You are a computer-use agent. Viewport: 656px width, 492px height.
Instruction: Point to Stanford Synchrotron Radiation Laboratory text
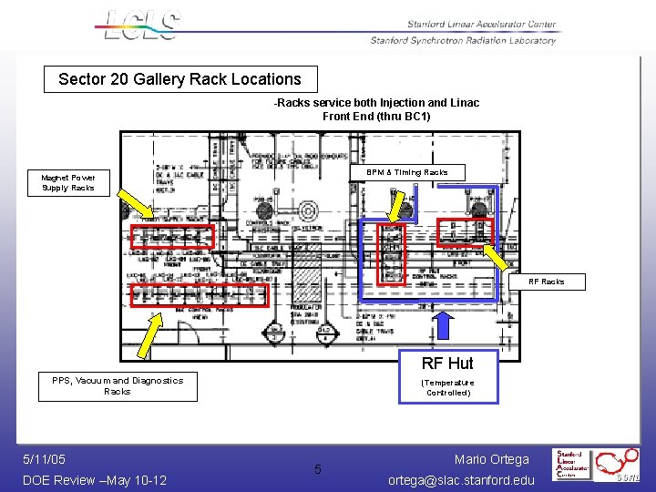click(x=463, y=40)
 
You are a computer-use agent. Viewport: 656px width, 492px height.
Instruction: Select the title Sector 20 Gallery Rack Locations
click(x=179, y=79)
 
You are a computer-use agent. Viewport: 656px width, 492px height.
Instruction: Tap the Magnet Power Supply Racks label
click(x=68, y=183)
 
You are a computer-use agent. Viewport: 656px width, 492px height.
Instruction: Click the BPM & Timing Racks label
click(x=406, y=172)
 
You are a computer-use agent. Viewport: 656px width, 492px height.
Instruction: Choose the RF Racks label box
click(x=547, y=282)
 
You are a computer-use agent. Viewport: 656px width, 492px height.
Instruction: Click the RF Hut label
click(x=447, y=364)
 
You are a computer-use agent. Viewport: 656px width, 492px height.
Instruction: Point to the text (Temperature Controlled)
click(x=447, y=387)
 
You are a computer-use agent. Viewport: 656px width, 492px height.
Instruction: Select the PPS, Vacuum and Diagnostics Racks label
click(x=118, y=386)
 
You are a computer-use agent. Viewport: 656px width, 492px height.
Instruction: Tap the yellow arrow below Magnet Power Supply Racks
click(x=139, y=205)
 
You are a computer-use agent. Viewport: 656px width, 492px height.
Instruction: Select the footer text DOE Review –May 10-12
click(x=95, y=480)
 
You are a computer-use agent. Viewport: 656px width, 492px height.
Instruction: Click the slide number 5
click(x=318, y=470)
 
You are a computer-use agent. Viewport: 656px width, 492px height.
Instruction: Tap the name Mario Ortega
click(x=491, y=459)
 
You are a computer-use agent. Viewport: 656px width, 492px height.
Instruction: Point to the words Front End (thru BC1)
click(x=376, y=117)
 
